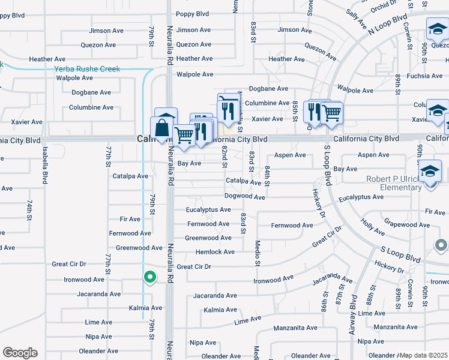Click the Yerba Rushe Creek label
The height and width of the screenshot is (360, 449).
(x=87, y=69)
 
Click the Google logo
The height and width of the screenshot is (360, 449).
(x=20, y=353)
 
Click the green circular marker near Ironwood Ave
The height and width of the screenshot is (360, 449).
(x=150, y=277)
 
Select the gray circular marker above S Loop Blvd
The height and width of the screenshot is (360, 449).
(x=442, y=245)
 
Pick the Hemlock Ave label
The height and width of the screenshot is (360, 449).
(x=215, y=252)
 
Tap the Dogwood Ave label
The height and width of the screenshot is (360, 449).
(x=244, y=197)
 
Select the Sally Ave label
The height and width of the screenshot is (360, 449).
(x=356, y=20)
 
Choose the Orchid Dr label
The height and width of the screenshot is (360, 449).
(x=384, y=8)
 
